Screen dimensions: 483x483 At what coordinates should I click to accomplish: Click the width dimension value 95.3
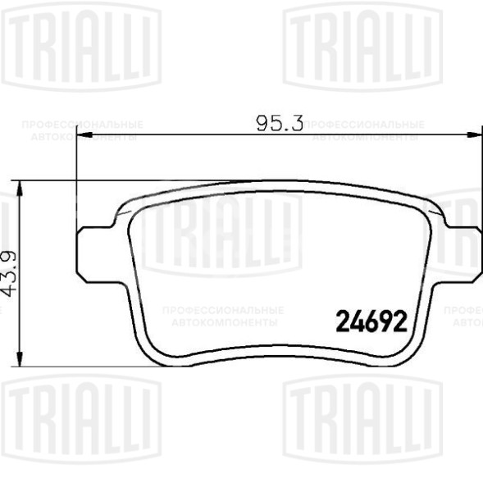280,124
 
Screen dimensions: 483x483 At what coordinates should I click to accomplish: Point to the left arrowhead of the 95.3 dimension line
83,134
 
